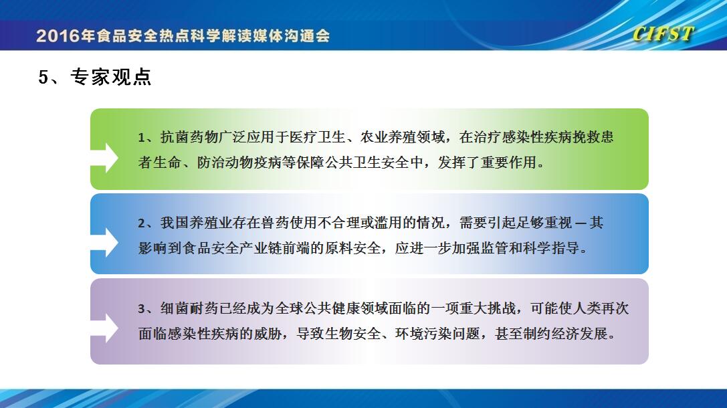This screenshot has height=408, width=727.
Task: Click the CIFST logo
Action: click(663, 34)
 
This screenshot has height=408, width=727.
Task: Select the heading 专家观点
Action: click(111, 77)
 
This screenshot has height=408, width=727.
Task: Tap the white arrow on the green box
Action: click(104, 158)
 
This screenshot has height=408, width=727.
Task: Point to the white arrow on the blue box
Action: click(104, 243)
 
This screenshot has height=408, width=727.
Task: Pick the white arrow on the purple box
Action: click(104, 328)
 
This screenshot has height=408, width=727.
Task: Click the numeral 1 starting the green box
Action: click(141, 138)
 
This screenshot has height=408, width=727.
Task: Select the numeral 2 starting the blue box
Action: click(141, 223)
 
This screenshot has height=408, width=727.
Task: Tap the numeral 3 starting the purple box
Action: click(141, 309)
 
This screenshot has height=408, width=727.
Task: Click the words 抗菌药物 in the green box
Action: click(189, 137)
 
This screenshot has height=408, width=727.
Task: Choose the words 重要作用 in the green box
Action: click(508, 163)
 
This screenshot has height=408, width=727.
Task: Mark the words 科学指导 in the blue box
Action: click(551, 248)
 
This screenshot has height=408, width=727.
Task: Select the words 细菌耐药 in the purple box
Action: click(189, 308)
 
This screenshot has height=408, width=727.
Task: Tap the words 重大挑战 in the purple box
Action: click(488, 308)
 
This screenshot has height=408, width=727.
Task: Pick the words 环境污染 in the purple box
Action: click(423, 333)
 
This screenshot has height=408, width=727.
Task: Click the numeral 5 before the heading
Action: click(43, 78)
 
